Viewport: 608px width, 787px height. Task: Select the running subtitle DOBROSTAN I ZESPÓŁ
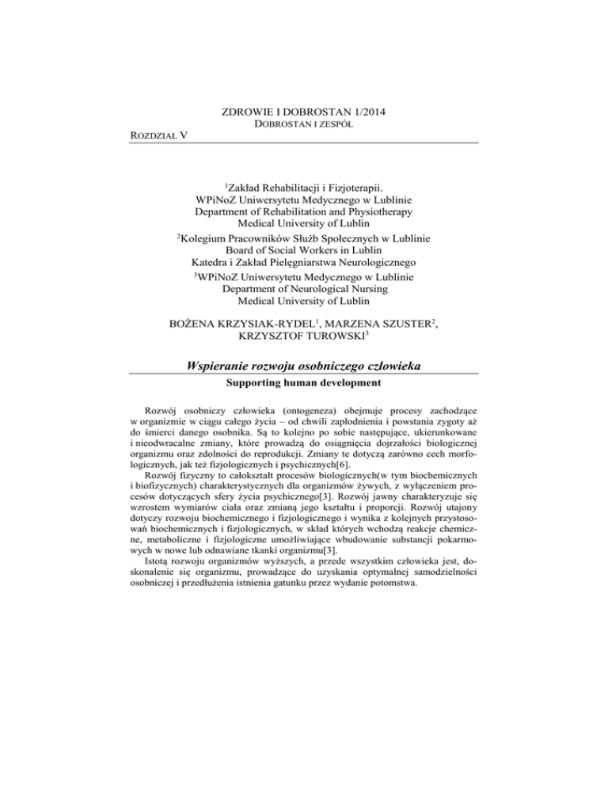[x=303, y=125]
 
